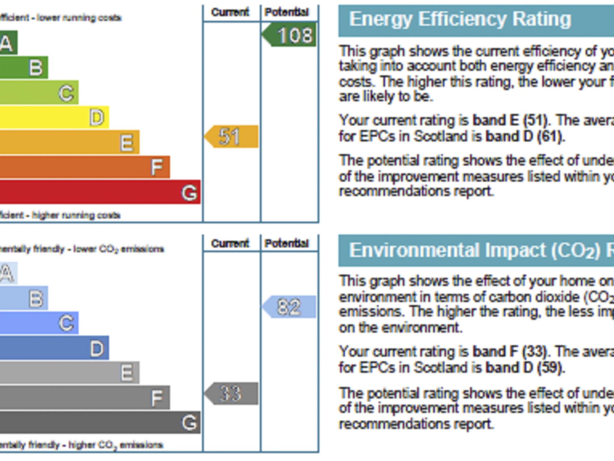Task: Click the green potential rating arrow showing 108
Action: (290, 35)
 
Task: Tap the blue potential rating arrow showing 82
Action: (290, 307)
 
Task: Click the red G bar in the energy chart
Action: (99, 192)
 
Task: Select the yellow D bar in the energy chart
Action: (54, 117)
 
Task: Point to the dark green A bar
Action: (8, 43)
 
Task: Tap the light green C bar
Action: (39, 92)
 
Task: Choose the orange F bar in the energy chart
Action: (84, 167)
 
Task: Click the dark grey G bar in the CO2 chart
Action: (99, 422)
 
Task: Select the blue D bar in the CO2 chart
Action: (54, 348)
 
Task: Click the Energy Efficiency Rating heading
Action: (460, 20)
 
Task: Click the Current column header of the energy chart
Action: (230, 12)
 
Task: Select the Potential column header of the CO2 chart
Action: (287, 243)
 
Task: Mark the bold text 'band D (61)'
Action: (525, 136)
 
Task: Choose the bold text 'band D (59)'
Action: (525, 367)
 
